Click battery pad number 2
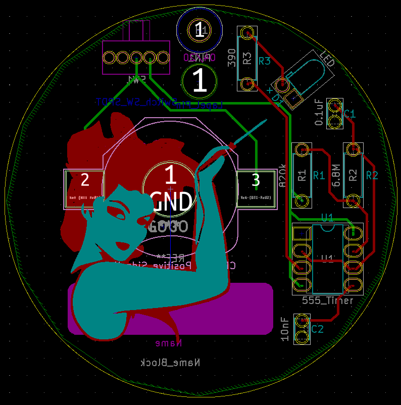point(84,189)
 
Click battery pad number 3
point(256,189)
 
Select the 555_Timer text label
point(327,300)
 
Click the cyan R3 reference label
point(265,61)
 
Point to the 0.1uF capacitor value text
point(319,112)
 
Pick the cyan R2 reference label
point(372,175)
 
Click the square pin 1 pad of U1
point(302,233)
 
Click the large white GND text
point(171,201)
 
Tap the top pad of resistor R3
point(247,34)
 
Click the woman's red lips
point(122,246)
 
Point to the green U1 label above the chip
point(328,218)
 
